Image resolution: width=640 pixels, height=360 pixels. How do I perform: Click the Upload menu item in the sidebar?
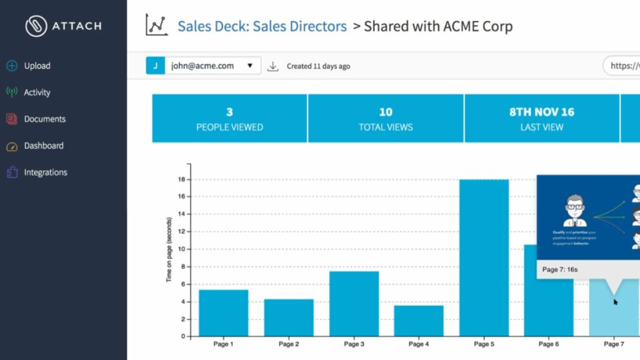click(36, 66)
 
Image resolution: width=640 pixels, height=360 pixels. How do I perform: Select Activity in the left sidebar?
click(36, 92)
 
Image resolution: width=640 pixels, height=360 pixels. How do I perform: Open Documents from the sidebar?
click(44, 119)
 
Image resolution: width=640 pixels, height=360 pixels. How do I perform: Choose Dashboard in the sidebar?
click(43, 146)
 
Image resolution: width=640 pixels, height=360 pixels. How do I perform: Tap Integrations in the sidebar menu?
click(45, 172)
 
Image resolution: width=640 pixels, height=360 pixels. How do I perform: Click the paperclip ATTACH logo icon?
click(36, 26)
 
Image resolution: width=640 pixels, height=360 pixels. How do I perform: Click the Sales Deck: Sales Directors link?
click(262, 26)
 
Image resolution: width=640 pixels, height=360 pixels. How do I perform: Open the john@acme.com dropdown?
click(204, 66)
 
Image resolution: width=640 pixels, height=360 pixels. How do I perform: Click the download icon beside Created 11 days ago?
click(272, 66)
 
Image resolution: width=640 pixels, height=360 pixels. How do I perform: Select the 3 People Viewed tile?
click(229, 119)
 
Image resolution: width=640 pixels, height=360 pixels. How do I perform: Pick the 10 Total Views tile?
click(386, 119)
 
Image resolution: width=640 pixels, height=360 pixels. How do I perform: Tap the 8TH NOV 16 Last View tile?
click(542, 119)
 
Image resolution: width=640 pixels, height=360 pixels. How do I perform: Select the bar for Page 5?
click(484, 257)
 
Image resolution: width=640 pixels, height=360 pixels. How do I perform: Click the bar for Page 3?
click(354, 304)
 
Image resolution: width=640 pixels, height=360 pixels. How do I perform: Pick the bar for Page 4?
click(419, 321)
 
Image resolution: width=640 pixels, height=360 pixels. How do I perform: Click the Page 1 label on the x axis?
click(223, 344)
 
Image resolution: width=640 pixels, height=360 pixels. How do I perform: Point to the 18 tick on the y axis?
click(181, 179)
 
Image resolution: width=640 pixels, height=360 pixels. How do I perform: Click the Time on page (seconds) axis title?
click(169, 250)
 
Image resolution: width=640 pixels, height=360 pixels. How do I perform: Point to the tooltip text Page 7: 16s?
click(560, 269)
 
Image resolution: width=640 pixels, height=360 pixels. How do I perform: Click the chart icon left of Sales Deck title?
click(156, 26)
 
